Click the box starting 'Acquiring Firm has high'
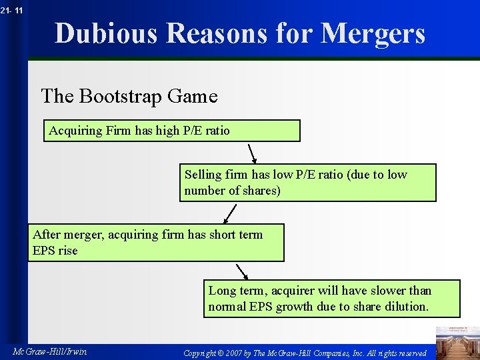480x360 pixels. (172, 131)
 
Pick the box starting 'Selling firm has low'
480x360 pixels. (307, 183)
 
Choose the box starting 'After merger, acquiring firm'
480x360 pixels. (155, 242)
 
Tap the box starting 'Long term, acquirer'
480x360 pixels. (331, 298)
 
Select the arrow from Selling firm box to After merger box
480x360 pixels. (230, 213)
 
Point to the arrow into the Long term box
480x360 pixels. (242, 272)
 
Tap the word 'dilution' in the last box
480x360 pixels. (407, 307)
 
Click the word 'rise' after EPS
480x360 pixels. (67, 251)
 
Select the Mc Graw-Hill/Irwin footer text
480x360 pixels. (50, 351)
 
